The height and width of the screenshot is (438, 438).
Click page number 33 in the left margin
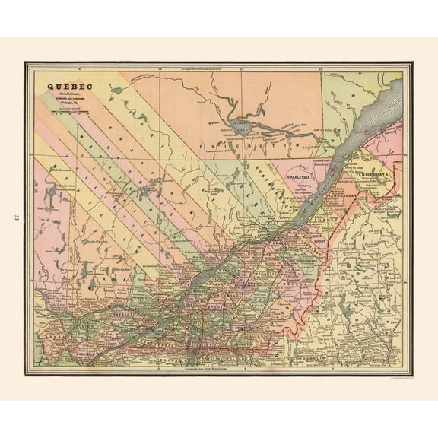point(16,219)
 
